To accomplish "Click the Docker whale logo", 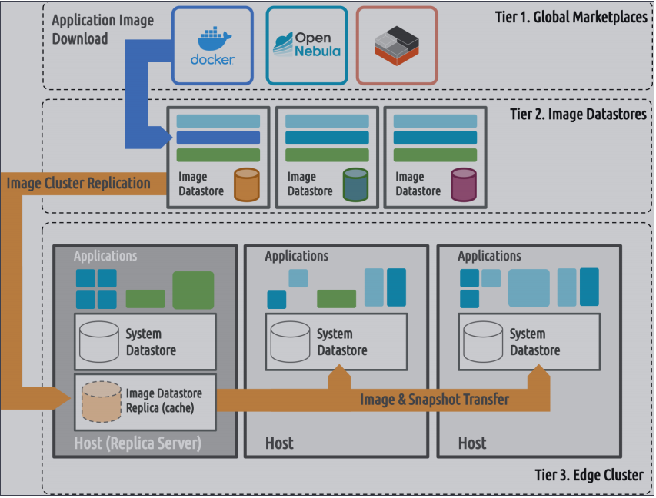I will point(213,39).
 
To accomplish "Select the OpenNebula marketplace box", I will point(306,45).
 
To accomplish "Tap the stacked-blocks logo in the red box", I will point(396,44).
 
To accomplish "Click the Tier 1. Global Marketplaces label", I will point(571,16).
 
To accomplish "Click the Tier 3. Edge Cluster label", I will point(588,475).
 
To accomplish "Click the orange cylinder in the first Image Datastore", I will point(246,184).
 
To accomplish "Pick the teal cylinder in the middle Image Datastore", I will point(355,184).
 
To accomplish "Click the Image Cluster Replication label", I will point(78,183).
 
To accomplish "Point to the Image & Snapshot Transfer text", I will point(434,399).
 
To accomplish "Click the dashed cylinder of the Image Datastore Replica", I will point(101,401).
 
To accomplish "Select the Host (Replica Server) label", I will point(137,443).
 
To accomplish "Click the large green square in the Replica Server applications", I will point(193,290).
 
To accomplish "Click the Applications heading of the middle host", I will point(296,256).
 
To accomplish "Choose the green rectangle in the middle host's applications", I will point(336,299).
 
